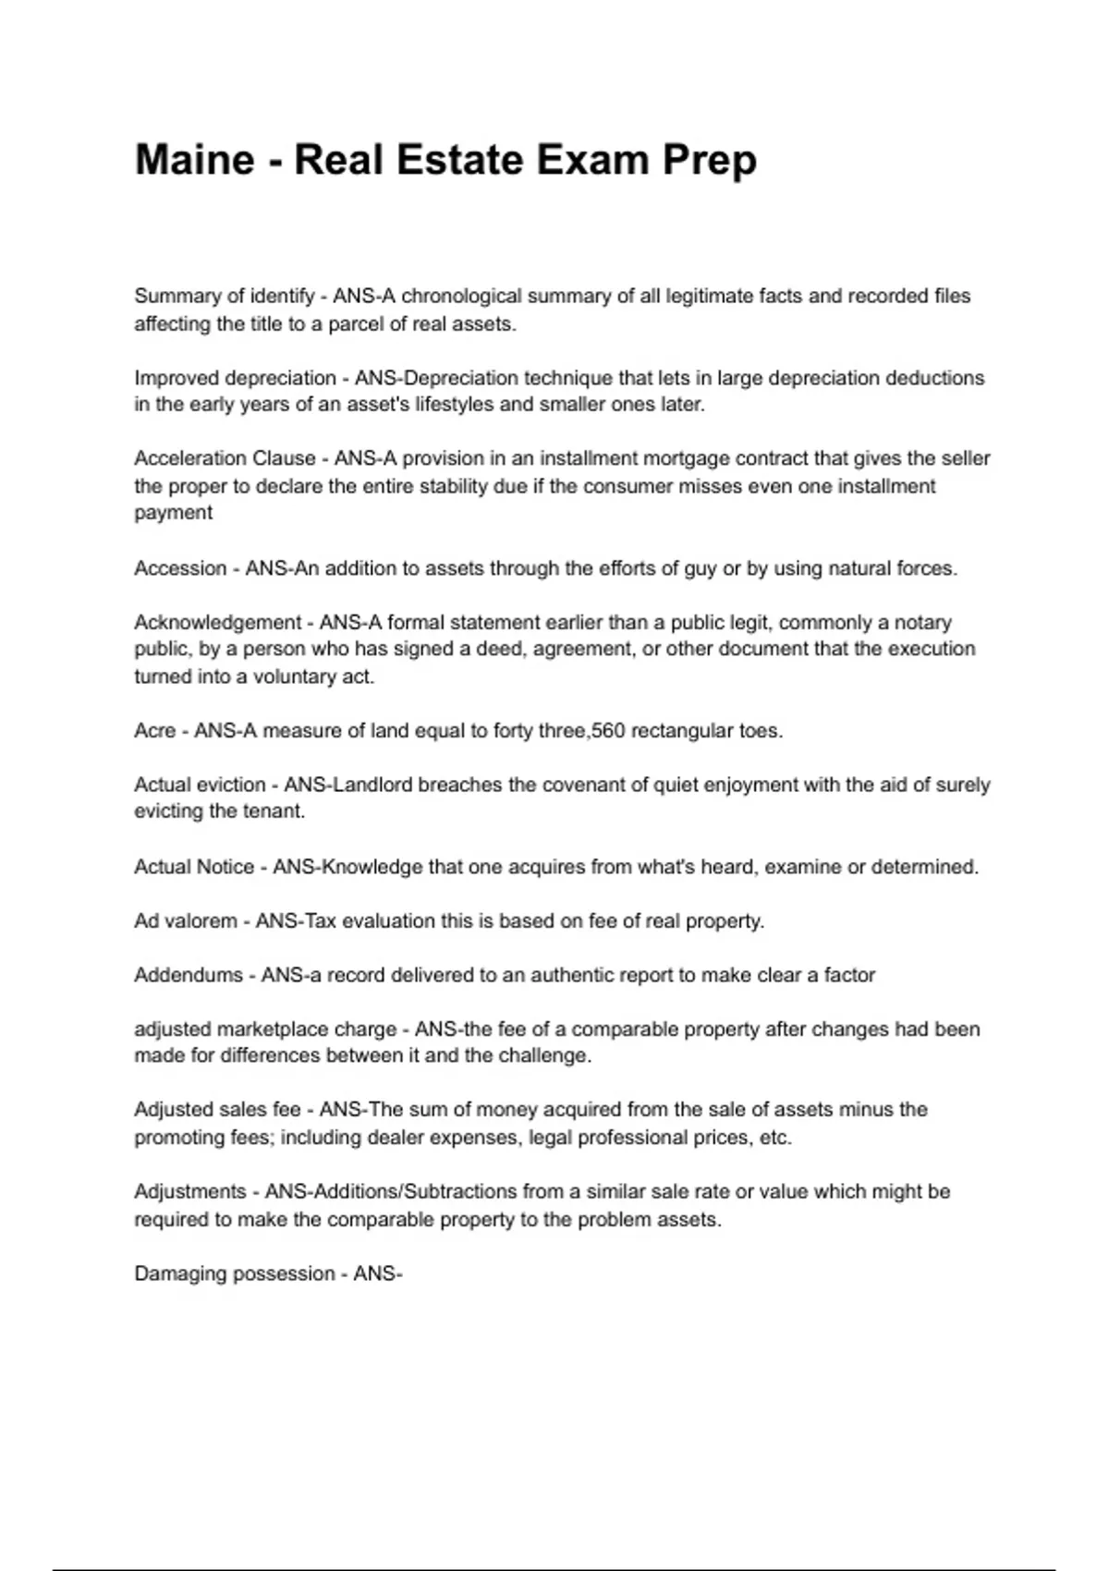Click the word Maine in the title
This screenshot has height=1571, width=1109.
point(194,160)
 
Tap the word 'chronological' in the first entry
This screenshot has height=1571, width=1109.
point(462,297)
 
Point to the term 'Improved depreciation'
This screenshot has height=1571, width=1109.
point(235,378)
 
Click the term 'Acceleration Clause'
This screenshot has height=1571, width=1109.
point(225,458)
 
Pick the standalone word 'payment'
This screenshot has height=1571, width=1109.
point(173,513)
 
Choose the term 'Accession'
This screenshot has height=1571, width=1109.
point(180,568)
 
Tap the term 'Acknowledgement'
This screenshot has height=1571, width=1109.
point(218,623)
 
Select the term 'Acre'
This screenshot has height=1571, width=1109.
point(154,731)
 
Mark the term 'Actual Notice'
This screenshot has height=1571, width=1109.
point(194,867)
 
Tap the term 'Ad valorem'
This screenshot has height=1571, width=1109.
point(186,921)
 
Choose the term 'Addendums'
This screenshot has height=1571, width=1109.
point(189,975)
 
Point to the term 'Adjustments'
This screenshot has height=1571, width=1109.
point(190,1192)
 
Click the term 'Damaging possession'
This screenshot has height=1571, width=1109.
point(235,1274)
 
